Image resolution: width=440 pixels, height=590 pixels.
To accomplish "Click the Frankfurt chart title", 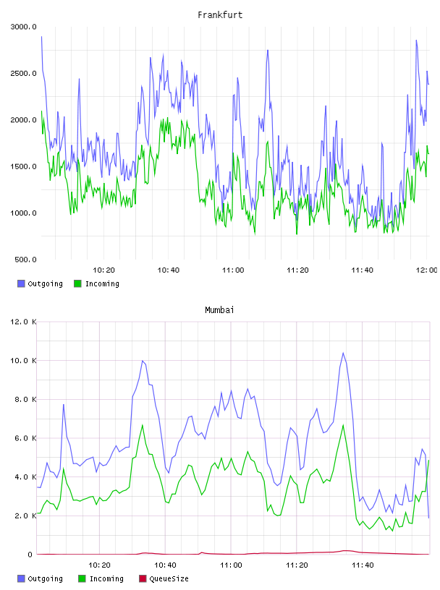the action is pyautogui.click(x=220, y=15).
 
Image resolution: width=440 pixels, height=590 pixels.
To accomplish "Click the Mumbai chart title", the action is pyautogui.click(x=219, y=310).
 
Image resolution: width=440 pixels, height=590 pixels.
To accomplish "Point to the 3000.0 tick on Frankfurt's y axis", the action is pyautogui.click(x=23, y=27).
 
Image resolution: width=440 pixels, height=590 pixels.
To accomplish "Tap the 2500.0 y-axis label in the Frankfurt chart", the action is pyautogui.click(x=23, y=73).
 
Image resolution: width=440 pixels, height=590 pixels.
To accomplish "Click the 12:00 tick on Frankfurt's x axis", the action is pyautogui.click(x=426, y=270).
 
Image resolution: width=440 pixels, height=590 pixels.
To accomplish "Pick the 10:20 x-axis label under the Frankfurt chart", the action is pyautogui.click(x=103, y=270).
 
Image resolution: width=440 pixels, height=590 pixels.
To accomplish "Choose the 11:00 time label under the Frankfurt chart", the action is pyautogui.click(x=233, y=270).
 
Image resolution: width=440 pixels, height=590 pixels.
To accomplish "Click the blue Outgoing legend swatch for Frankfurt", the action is pyautogui.click(x=21, y=283).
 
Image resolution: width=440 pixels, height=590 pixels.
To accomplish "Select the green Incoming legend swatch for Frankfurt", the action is pyautogui.click(x=77, y=283).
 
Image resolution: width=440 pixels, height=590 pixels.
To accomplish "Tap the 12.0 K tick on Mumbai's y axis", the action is pyautogui.click(x=23, y=322).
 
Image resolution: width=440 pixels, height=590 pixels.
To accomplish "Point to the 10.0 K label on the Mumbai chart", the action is pyautogui.click(x=23, y=361).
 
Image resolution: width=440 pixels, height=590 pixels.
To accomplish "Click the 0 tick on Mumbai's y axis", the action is pyautogui.click(x=30, y=555).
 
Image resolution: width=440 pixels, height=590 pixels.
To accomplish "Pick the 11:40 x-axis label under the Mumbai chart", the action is pyautogui.click(x=363, y=565).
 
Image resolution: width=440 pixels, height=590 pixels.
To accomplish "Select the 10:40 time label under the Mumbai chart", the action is pyautogui.click(x=165, y=565).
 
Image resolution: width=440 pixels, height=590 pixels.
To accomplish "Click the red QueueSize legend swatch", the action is pyautogui.click(x=143, y=578).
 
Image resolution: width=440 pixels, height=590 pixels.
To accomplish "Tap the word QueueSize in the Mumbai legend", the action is pyautogui.click(x=169, y=578).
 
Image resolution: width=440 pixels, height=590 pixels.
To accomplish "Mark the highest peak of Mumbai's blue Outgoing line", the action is pyautogui.click(x=343, y=353).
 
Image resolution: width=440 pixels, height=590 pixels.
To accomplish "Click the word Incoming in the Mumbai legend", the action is pyautogui.click(x=106, y=578).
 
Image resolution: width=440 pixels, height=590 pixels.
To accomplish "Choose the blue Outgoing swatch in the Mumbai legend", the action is pyautogui.click(x=21, y=578).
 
